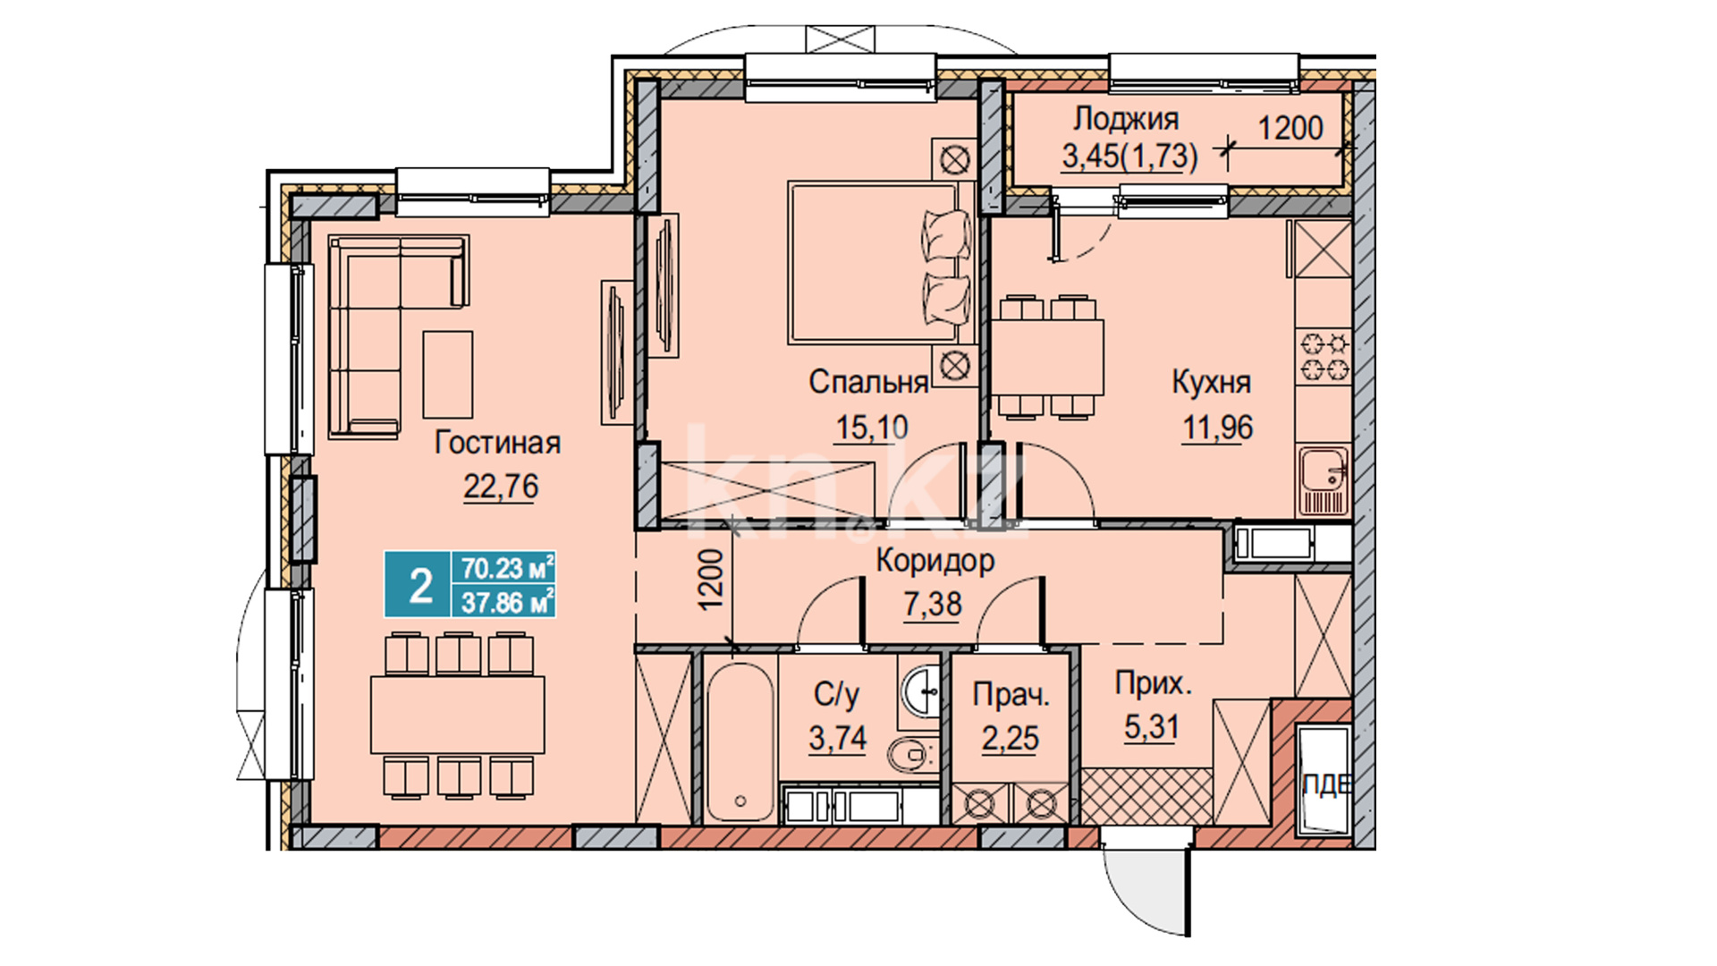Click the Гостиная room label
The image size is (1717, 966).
497,443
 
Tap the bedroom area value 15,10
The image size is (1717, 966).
871,428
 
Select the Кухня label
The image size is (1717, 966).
1211,382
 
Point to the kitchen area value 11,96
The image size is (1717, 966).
1218,428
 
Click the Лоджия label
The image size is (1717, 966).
1126,118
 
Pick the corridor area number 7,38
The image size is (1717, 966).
933,604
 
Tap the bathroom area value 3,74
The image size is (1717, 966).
837,738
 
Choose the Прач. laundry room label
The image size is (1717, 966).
1011,694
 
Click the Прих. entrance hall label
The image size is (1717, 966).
1153,684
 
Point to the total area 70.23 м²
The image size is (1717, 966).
506,568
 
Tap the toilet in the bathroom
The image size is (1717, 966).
912,755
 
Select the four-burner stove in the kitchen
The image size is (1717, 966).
1324,355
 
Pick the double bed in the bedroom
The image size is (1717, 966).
880,263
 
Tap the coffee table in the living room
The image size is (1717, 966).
447,374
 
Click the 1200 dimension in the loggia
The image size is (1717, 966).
1290,128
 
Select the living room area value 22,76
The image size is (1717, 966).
501,487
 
